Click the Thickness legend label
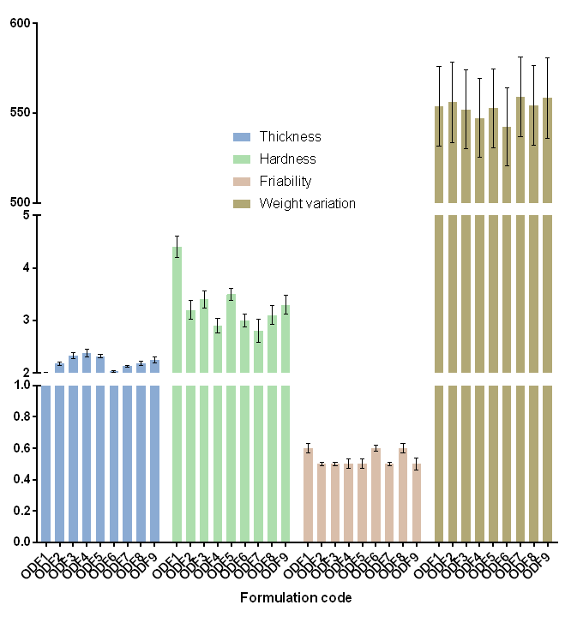click(x=290, y=137)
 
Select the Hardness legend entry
click(x=287, y=159)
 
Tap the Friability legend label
click(x=286, y=182)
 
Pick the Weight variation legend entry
click(x=307, y=204)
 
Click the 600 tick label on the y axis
click(x=21, y=23)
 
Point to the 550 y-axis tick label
click(x=21, y=113)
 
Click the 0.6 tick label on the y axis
click(x=21, y=448)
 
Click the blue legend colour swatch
click(x=243, y=137)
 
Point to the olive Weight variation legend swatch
click(x=243, y=204)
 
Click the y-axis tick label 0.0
click(x=21, y=542)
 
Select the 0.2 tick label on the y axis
click(x=21, y=511)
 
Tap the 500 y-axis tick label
click(x=21, y=202)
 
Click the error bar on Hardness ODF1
click(x=177, y=247)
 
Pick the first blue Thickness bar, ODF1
click(x=46, y=463)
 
